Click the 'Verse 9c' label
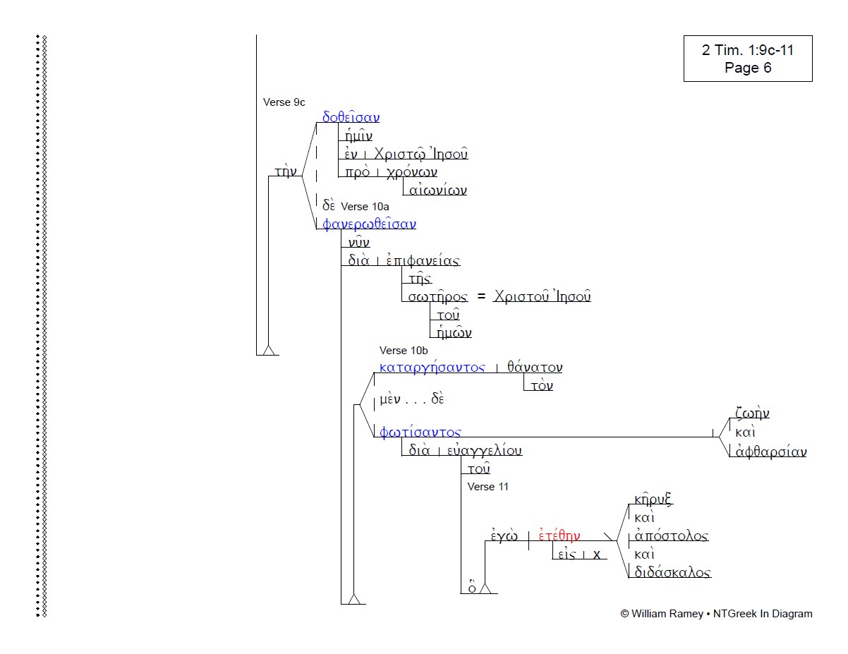(284, 102)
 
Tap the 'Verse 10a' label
(365, 207)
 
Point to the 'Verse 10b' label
(404, 351)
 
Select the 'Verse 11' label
(487, 487)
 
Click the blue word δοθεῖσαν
(351, 118)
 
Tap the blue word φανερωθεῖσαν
(369, 224)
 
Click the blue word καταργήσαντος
(432, 368)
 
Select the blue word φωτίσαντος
(420, 432)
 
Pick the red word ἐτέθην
(559, 536)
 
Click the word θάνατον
(535, 368)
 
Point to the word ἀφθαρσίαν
(768, 452)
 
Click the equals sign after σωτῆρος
(481, 297)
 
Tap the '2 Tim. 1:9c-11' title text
(748, 50)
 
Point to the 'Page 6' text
(748, 68)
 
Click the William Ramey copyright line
(716, 614)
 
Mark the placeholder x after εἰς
(596, 555)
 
